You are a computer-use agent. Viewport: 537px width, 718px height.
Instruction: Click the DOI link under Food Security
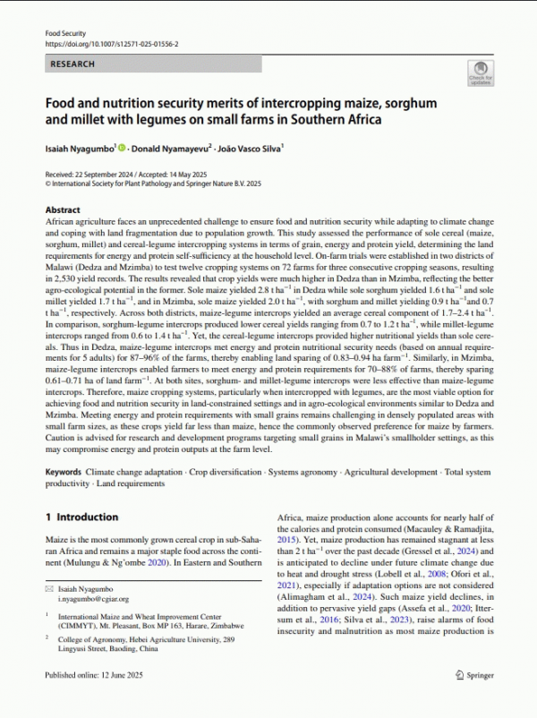[112, 43]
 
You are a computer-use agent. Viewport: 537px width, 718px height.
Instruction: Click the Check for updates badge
[480, 73]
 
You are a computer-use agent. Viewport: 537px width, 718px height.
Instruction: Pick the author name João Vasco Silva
[254, 147]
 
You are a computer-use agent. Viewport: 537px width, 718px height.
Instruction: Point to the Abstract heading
[63, 209]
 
